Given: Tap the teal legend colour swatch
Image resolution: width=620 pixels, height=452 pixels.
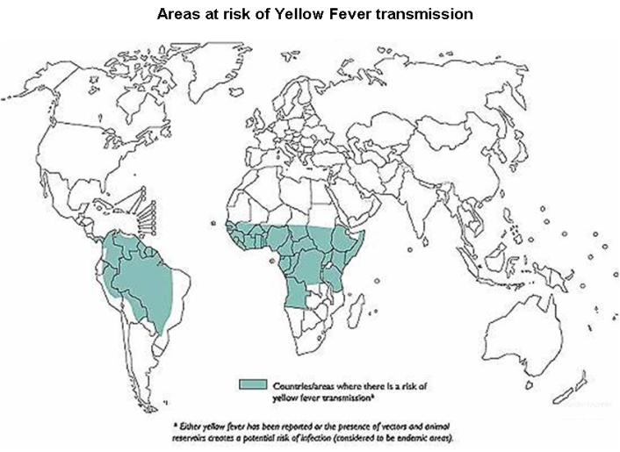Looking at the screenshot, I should coord(255,384).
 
